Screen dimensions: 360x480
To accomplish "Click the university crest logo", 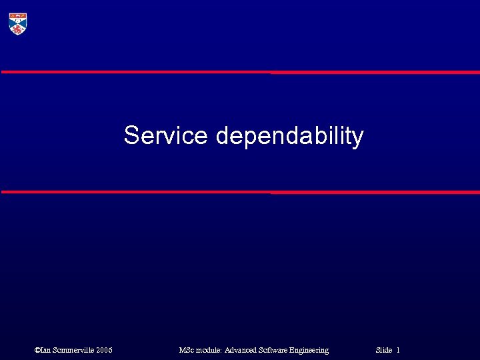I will [17, 23].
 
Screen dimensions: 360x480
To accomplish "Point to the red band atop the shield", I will [17, 15].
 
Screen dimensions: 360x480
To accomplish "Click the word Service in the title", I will [166, 135].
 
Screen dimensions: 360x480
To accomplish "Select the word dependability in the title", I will [289, 137].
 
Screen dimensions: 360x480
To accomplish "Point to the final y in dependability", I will [358, 139].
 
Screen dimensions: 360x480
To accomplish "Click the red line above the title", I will [240, 72].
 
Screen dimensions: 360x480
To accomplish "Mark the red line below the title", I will [240, 192].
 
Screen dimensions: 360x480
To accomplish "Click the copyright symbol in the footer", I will [37, 350].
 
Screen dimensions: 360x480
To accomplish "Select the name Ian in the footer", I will [46, 350].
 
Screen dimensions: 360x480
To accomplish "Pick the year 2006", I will [104, 350].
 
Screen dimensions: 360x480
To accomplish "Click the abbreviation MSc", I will [187, 350].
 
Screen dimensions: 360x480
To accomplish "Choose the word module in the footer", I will [209, 350].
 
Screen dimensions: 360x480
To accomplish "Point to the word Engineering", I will [313, 350].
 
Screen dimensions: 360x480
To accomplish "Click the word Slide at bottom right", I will [383, 350].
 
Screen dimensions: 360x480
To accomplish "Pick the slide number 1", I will [398, 350].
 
